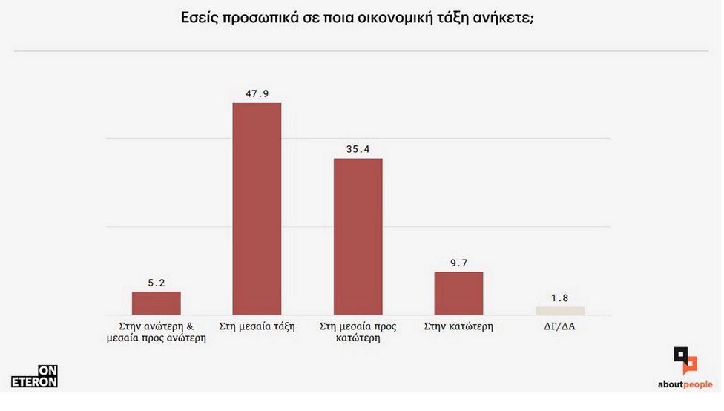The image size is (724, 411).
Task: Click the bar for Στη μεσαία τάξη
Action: pyautogui.click(x=257, y=208)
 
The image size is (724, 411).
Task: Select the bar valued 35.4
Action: pyautogui.click(x=358, y=237)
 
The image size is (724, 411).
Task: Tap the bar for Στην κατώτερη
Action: pyautogui.click(x=458, y=293)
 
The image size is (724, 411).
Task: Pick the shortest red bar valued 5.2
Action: pyautogui.click(x=156, y=303)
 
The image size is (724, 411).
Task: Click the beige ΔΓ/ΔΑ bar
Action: pyautogui.click(x=559, y=311)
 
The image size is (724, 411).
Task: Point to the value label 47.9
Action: pyautogui.click(x=257, y=93)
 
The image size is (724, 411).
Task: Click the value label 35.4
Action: pyautogui.click(x=358, y=149)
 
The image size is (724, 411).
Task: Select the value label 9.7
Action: pyautogui.click(x=458, y=263)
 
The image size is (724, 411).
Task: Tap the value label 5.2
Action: pyautogui.click(x=156, y=282)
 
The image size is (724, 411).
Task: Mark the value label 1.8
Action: pyautogui.click(x=559, y=297)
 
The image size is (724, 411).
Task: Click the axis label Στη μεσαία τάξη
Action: pyautogui.click(x=257, y=326)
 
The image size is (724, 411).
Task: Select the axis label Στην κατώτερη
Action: pyautogui.click(x=458, y=326)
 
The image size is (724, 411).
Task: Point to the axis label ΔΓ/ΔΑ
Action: pyautogui.click(x=559, y=326)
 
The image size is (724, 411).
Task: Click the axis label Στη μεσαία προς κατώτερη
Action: pyautogui.click(x=358, y=332)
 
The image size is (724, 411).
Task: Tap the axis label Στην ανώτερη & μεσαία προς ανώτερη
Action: pyautogui.click(x=156, y=332)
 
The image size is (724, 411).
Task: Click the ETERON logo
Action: pyautogui.click(x=34, y=376)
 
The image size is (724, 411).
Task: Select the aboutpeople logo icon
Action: pyautogui.click(x=685, y=361)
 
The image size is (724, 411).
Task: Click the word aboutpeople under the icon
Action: pyautogui.click(x=685, y=384)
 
